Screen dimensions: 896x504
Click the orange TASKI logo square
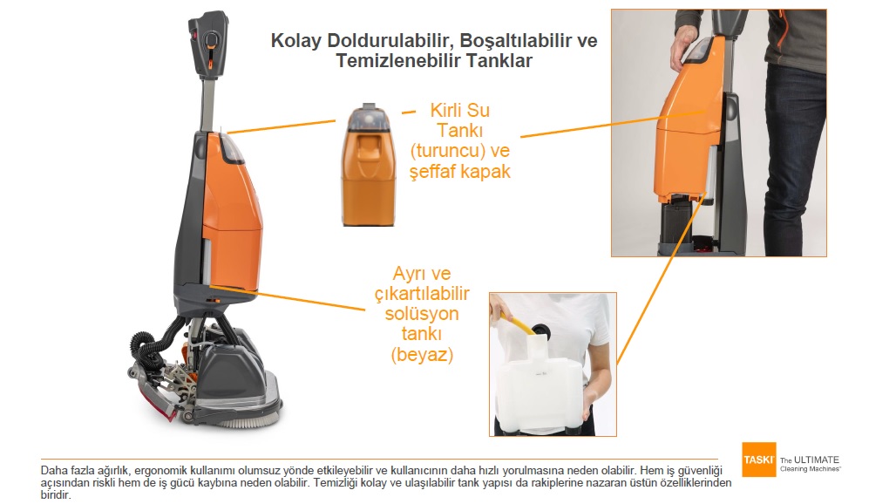[759, 459]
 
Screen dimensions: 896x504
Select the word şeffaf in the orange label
[433, 172]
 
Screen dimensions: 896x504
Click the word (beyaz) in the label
[422, 355]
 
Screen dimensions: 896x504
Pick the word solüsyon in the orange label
[422, 314]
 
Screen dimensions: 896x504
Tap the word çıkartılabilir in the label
[422, 294]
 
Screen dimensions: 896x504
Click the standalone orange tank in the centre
[369, 166]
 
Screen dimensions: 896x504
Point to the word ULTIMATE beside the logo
[816, 460]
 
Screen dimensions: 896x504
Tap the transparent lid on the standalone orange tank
[369, 117]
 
